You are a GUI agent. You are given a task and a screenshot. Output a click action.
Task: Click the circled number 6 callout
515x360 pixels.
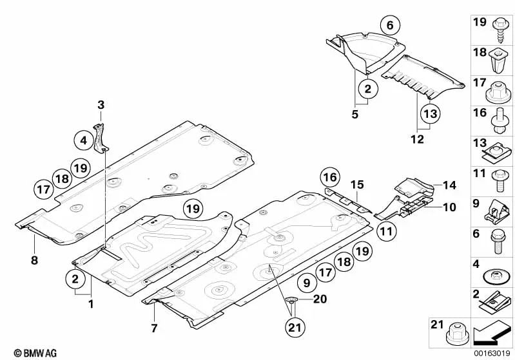pos(389,26)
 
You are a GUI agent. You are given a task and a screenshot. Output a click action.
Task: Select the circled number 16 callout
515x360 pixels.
pos(329,177)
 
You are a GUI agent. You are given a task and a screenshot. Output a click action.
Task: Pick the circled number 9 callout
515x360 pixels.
pos(306,281)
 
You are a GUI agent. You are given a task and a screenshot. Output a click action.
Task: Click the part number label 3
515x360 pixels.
pos(101,104)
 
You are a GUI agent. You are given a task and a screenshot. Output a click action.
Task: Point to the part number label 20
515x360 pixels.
pos(320,299)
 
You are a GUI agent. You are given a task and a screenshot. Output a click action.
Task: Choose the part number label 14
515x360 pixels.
pos(449,185)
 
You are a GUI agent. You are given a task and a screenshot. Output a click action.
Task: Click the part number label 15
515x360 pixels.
pos(357,185)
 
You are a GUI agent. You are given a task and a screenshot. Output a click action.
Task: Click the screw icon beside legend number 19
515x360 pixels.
pos(501,24)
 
